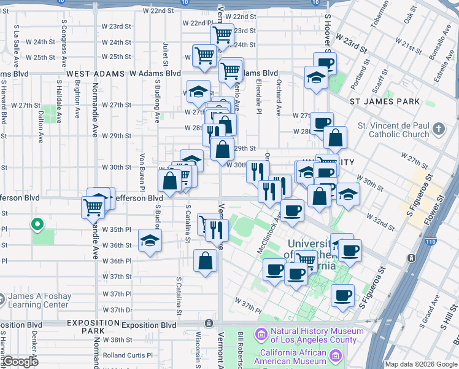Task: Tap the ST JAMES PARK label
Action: (x=385, y=101)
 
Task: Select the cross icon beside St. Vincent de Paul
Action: (x=438, y=129)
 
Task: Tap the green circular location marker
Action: (x=36, y=225)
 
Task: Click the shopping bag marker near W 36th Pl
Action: (x=205, y=261)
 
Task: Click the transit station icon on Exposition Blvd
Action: (x=209, y=323)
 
